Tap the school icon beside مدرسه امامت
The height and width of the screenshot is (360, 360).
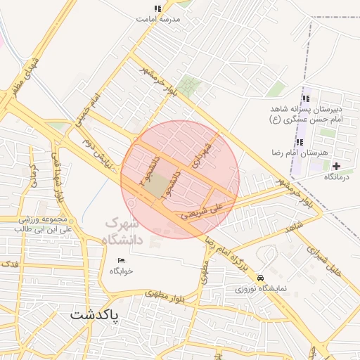point(157,9)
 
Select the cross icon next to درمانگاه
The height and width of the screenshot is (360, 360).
point(336,166)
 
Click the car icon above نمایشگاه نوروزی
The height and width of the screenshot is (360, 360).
point(261,278)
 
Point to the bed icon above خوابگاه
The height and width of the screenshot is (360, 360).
point(121,260)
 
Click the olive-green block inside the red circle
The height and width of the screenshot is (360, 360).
point(160,184)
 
